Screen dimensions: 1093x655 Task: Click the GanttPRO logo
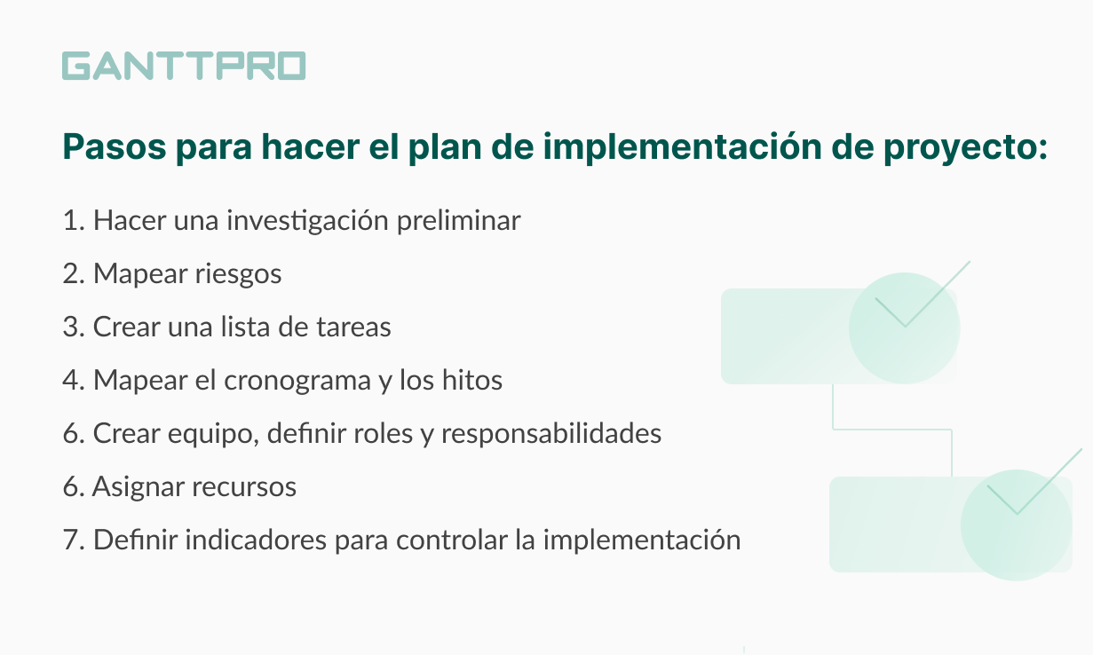pos(184,66)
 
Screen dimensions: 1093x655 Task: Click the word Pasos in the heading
pos(115,146)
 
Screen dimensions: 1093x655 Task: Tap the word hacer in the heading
pos(311,146)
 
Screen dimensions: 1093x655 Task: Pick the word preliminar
pos(459,221)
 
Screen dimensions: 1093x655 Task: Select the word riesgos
pos(238,274)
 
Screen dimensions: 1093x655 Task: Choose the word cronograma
pos(297,381)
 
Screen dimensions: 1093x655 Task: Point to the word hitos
pos(471,380)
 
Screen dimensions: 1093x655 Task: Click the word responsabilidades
pos(551,434)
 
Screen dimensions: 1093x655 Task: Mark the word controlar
pos(451,540)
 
